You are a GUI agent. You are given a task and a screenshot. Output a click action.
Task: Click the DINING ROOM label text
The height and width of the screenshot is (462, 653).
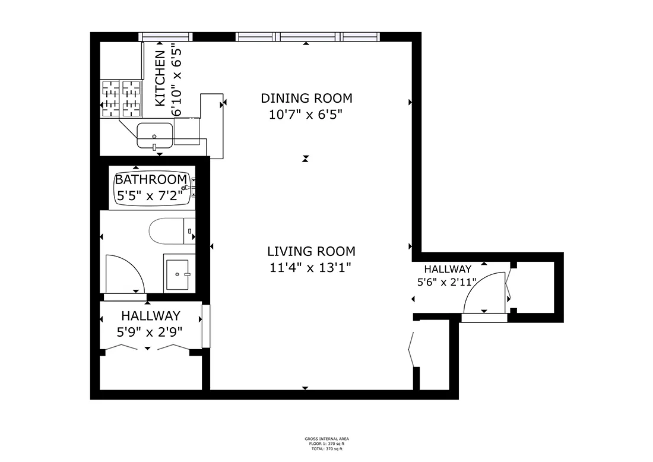pyautogui.click(x=307, y=98)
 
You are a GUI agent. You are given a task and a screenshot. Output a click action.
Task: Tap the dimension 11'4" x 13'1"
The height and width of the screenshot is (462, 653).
pyautogui.click(x=310, y=267)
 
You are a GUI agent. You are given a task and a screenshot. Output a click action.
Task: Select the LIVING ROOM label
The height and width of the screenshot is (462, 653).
pyautogui.click(x=311, y=251)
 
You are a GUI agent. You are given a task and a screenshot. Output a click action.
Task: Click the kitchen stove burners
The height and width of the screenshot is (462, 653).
pyautogui.click(x=122, y=98)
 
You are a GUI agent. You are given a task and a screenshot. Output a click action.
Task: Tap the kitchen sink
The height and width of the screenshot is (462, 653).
pyautogui.click(x=155, y=135)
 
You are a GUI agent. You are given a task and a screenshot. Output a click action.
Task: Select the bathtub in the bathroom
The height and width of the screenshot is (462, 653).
pyautogui.click(x=152, y=188)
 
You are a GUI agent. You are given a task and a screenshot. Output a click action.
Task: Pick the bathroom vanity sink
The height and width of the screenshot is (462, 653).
pyautogui.click(x=179, y=274)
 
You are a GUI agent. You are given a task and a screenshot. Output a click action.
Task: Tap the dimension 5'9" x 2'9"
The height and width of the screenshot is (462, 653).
pyautogui.click(x=151, y=331)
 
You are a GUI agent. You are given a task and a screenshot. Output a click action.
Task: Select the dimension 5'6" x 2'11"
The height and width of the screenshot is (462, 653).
pyautogui.click(x=448, y=283)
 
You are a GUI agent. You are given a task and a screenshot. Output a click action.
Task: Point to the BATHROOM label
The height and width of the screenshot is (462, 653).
pyautogui.click(x=151, y=179)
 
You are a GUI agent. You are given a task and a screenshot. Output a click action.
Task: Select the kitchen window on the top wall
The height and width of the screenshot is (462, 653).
pyautogui.click(x=166, y=37)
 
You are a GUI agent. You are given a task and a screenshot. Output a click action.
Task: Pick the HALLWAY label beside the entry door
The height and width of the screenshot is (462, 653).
pyautogui.click(x=448, y=269)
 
